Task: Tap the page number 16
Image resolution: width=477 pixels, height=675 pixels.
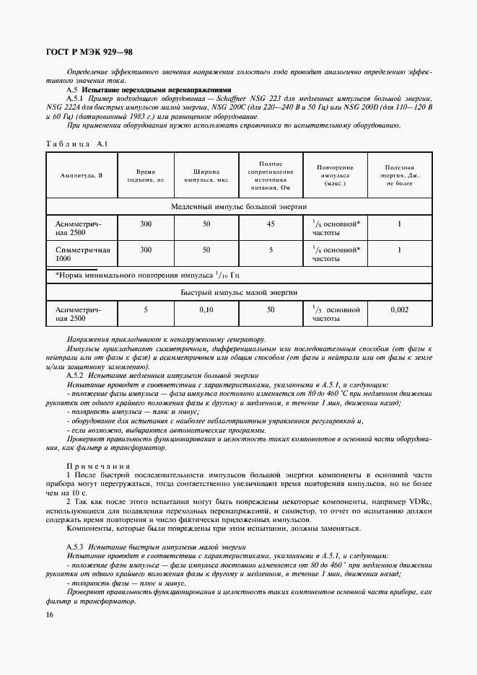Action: (x=50, y=614)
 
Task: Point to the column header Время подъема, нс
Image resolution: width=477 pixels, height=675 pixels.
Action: (x=146, y=175)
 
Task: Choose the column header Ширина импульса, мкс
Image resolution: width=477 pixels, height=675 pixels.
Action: (x=206, y=175)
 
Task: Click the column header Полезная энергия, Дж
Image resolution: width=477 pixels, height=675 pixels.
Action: (x=399, y=175)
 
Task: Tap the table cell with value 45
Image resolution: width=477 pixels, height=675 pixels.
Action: (x=271, y=224)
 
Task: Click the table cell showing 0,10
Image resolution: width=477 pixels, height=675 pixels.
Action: (x=206, y=309)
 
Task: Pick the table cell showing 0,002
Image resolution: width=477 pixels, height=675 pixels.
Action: (x=399, y=309)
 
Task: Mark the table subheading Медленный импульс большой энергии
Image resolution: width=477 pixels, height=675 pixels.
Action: (x=239, y=206)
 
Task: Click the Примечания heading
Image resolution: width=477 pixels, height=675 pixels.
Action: (x=97, y=467)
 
